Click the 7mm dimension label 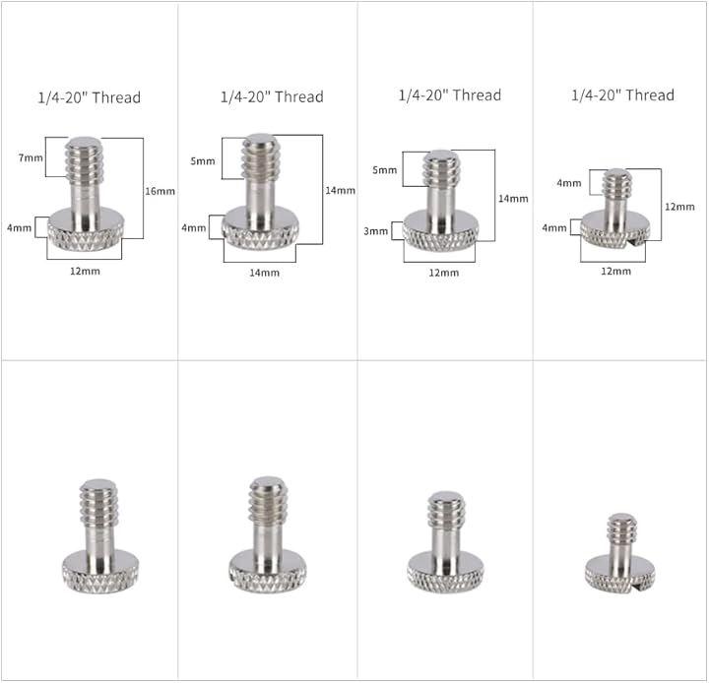pyautogui.click(x=31, y=157)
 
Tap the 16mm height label pyautogui.click(x=161, y=191)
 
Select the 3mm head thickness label pyautogui.click(x=376, y=231)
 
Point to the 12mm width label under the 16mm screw pyautogui.click(x=85, y=272)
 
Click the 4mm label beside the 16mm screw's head pyautogui.click(x=20, y=227)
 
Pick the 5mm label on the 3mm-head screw pyautogui.click(x=385, y=170)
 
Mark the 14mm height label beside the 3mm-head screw pyautogui.click(x=513, y=199)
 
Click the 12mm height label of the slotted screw pyautogui.click(x=679, y=207)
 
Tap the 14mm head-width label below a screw pyautogui.click(x=265, y=273)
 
